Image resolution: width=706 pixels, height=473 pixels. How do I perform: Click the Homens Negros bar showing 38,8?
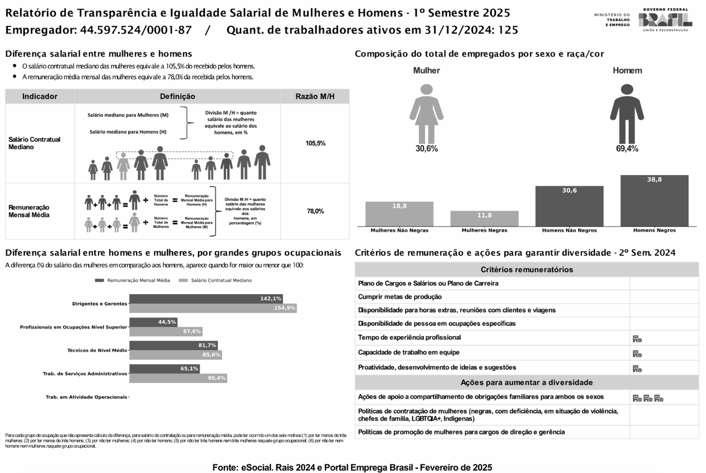tap(654, 200)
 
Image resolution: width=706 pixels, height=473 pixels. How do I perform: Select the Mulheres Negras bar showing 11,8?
tap(484, 218)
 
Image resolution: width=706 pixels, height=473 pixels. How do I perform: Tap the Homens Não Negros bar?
tap(569, 206)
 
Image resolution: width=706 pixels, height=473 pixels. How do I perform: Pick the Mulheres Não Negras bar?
tap(399, 214)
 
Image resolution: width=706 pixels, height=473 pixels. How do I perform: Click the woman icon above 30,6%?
tap(427, 114)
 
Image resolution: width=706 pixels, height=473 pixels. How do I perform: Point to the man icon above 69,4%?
tap(627, 114)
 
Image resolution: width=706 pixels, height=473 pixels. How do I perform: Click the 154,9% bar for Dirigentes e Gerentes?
tap(213, 308)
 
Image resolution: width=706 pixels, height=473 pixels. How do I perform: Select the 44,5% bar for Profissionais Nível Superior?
tap(153, 322)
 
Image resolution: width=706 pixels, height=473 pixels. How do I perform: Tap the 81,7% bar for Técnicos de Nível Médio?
tap(173, 345)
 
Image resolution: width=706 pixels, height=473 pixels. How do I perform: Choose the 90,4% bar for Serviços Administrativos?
tap(178, 378)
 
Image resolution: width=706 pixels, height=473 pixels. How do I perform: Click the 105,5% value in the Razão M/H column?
tap(315, 143)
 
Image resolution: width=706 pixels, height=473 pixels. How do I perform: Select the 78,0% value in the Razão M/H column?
tap(315, 211)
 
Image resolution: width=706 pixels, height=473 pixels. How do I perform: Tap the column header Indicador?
tap(40, 97)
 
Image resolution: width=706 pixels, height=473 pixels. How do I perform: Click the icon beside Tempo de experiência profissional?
tap(637, 339)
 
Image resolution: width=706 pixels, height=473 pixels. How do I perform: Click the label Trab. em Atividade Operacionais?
tap(86, 397)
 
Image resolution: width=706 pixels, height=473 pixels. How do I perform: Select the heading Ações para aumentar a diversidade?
tap(527, 382)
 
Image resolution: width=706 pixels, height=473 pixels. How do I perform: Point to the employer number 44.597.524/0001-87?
tap(136, 30)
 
